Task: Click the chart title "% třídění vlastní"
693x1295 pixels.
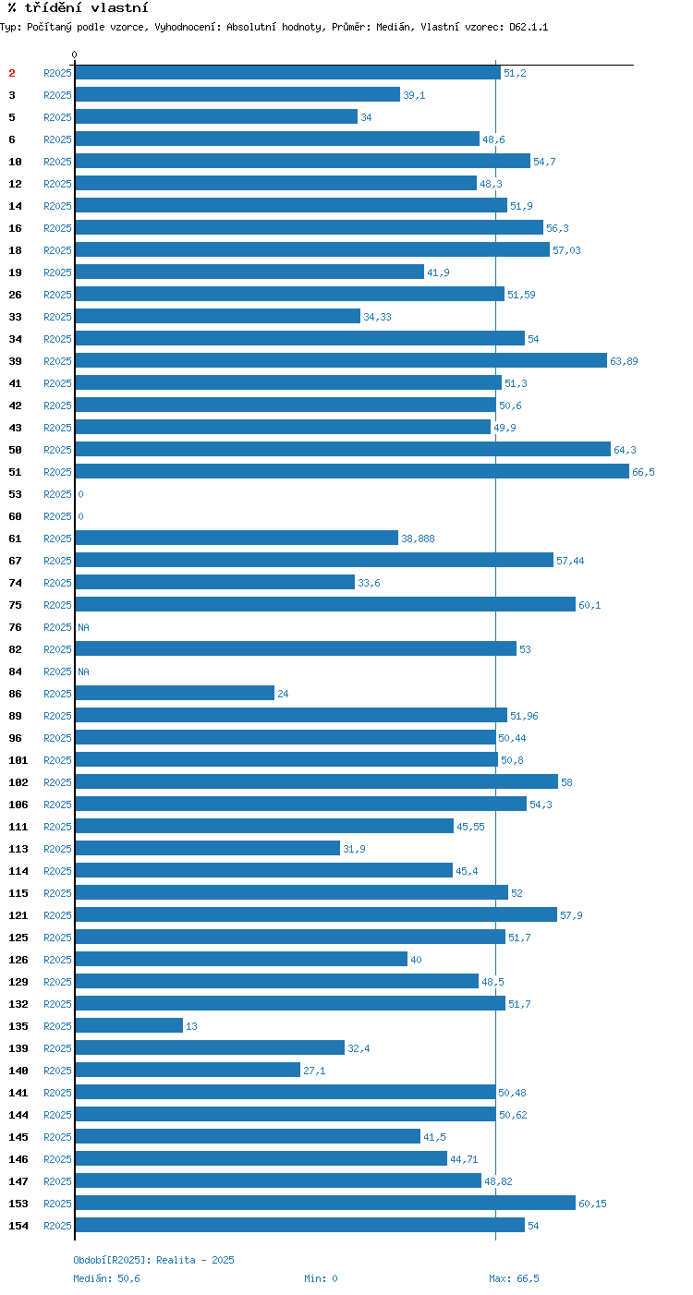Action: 79,8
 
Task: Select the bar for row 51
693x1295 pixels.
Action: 352,471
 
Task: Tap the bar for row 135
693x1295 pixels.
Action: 129,1025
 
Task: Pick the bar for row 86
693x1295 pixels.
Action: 175,693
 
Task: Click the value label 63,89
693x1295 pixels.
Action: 624,361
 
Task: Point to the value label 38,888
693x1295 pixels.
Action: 418,539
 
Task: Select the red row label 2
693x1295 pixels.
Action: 12,73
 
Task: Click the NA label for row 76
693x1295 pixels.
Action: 84,627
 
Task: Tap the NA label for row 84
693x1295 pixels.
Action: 84,672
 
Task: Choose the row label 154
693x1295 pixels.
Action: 18,1226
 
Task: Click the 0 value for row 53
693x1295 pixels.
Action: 80,494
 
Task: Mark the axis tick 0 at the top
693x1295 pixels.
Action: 74,54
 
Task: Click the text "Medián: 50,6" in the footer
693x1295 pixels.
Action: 106,1278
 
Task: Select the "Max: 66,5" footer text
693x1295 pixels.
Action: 514,1278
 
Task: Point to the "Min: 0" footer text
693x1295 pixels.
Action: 321,1278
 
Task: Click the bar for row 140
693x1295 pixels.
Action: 188,1070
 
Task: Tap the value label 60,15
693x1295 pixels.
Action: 592,1204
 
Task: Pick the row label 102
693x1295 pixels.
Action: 18,782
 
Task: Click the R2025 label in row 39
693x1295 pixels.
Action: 57,361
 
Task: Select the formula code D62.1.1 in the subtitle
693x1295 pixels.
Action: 529,27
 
